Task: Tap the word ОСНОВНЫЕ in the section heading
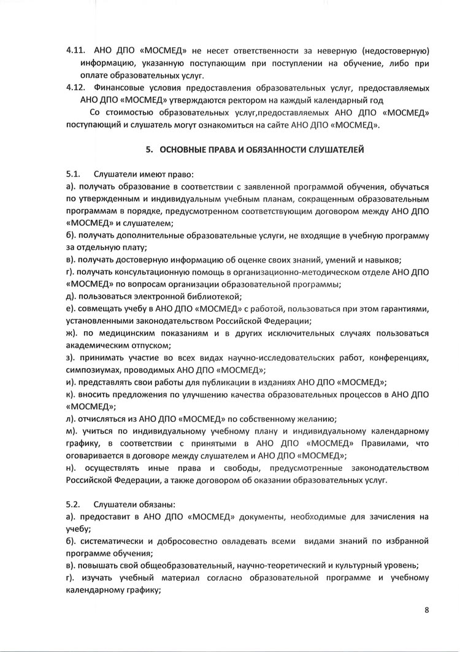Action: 185,149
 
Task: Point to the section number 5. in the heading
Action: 148,149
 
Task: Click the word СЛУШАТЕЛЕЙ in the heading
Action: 328,149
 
